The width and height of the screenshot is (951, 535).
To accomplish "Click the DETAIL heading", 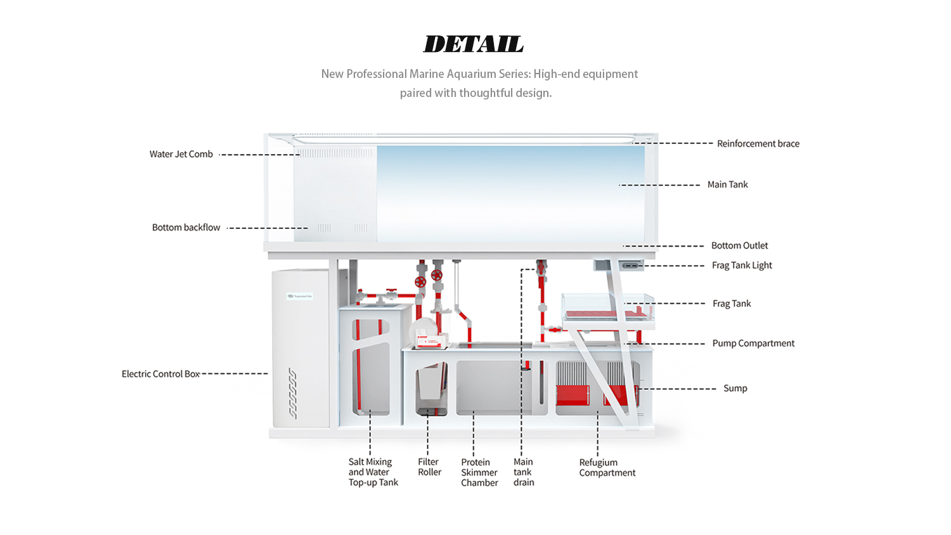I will click(x=474, y=44).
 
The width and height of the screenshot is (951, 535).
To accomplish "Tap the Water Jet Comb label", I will click(x=181, y=154).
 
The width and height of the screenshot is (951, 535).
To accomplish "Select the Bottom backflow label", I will click(x=186, y=228).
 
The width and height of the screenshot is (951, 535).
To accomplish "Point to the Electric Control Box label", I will click(x=160, y=374).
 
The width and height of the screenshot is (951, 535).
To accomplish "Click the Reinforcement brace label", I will click(x=758, y=144).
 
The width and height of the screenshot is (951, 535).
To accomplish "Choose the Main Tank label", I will click(x=727, y=184).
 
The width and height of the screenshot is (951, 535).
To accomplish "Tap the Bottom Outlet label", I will click(x=739, y=245).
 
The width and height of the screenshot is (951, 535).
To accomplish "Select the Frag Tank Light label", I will click(x=742, y=265).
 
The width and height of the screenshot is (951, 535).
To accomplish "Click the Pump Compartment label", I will click(x=753, y=343).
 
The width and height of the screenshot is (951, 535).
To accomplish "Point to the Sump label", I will click(x=735, y=388).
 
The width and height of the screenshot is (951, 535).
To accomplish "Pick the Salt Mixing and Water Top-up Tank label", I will click(x=373, y=472).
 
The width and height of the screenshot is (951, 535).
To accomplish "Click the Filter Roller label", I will click(x=429, y=467).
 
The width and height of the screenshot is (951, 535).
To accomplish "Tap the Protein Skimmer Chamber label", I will click(x=479, y=472).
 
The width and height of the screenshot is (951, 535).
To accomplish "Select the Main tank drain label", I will click(x=524, y=472).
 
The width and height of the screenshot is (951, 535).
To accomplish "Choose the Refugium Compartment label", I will click(x=607, y=468).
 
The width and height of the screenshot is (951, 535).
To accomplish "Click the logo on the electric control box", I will click(x=300, y=296).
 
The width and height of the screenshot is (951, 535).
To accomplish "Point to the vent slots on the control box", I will click(x=292, y=393).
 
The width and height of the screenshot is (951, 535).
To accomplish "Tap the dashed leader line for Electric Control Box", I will click(x=235, y=373).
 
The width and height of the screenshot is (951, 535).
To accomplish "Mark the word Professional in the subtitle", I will click(x=377, y=74).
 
